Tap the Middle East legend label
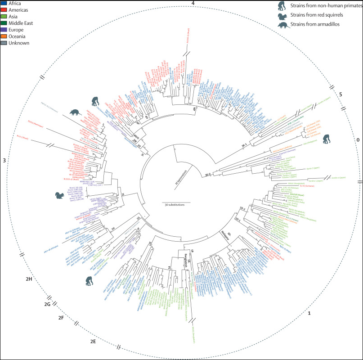click(20, 23)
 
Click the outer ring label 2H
click(29, 279)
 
